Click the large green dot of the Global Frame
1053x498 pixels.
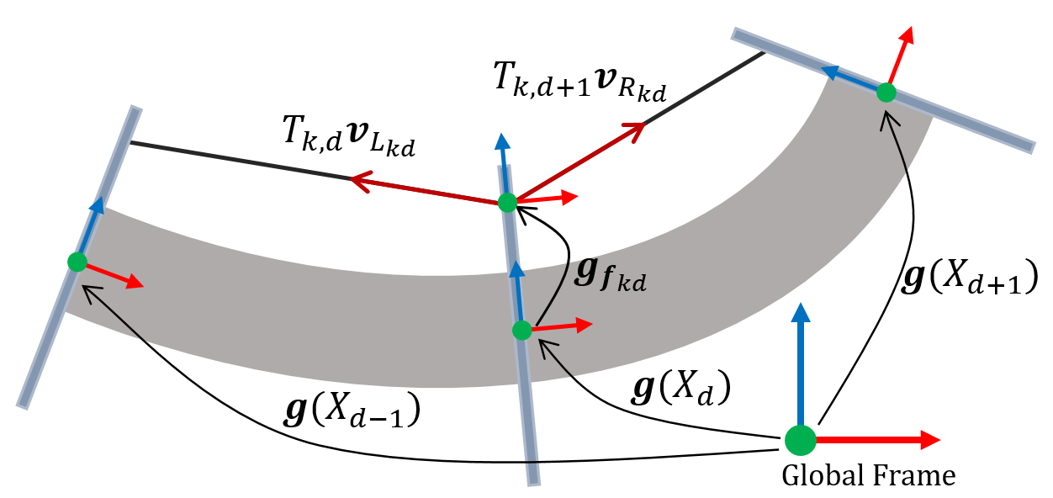coord(800,438)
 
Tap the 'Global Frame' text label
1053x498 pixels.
coord(869,476)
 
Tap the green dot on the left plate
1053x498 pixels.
coord(77,262)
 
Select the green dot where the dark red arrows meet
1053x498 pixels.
coord(506,202)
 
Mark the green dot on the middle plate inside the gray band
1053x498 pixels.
coord(521,330)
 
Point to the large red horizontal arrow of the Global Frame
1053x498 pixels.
coord(875,438)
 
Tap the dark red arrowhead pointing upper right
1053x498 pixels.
coord(636,129)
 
